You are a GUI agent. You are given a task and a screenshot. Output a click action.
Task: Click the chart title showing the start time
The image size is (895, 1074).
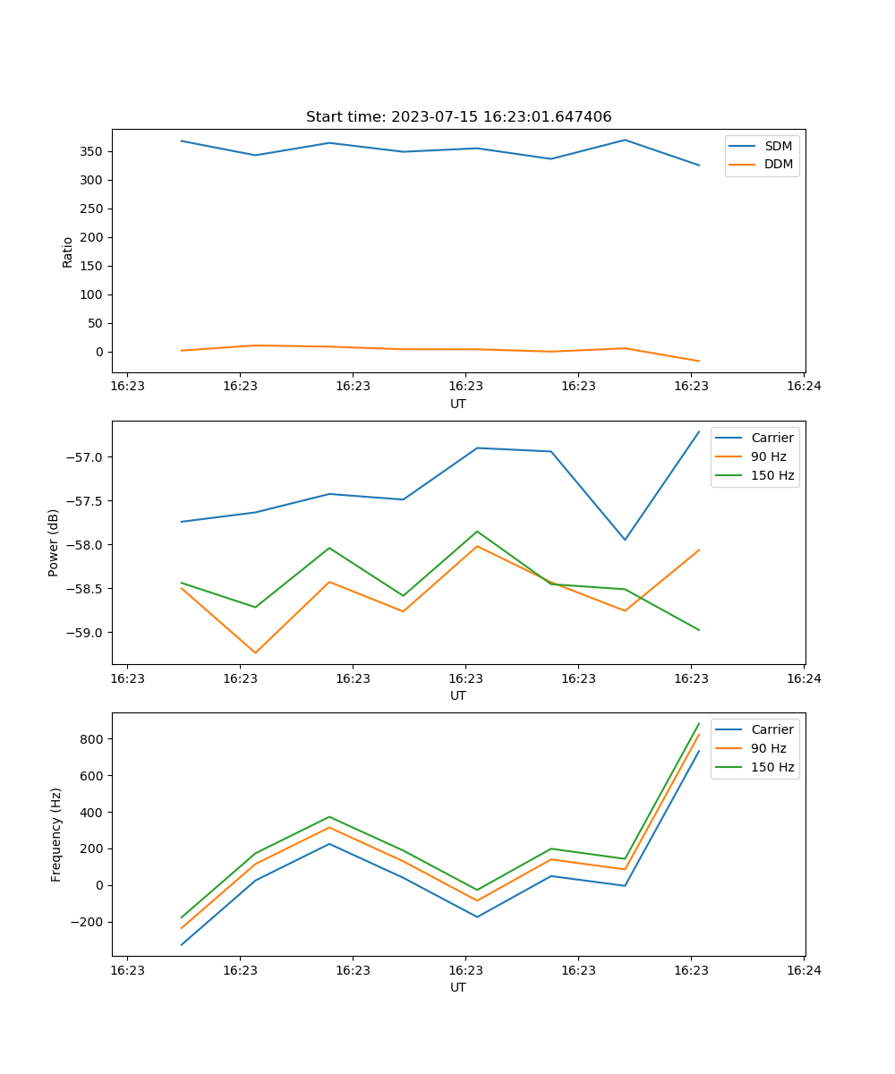(458, 117)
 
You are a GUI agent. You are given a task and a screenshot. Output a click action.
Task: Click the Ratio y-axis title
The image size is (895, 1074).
(68, 251)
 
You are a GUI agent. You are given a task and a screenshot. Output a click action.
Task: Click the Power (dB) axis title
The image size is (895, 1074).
(55, 542)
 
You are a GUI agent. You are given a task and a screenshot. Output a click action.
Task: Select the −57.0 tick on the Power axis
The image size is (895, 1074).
(87, 457)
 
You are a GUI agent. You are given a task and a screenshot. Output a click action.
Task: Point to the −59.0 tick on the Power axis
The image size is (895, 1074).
(87, 633)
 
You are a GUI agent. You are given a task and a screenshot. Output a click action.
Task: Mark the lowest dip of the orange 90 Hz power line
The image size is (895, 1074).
(255, 652)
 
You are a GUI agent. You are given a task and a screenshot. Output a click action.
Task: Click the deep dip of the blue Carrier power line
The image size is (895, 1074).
(625, 540)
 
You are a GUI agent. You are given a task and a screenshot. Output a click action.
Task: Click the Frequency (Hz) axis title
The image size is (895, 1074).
(56, 834)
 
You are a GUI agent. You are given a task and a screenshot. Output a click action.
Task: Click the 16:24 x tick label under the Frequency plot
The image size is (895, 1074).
(804, 969)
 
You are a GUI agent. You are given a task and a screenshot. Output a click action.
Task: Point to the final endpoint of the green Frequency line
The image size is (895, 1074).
(699, 723)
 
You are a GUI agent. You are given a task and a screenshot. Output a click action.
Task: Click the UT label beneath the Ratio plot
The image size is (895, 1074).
(458, 404)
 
